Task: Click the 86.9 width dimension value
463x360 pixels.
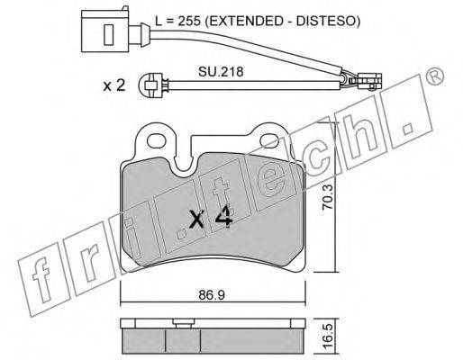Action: [x=212, y=295]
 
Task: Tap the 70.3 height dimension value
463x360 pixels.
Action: [x=328, y=197]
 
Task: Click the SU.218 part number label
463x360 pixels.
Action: [x=221, y=72]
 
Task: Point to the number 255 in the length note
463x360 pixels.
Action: [x=189, y=22]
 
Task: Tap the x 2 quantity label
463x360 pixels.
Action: [x=113, y=85]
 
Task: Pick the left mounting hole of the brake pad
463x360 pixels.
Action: [x=157, y=140]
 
